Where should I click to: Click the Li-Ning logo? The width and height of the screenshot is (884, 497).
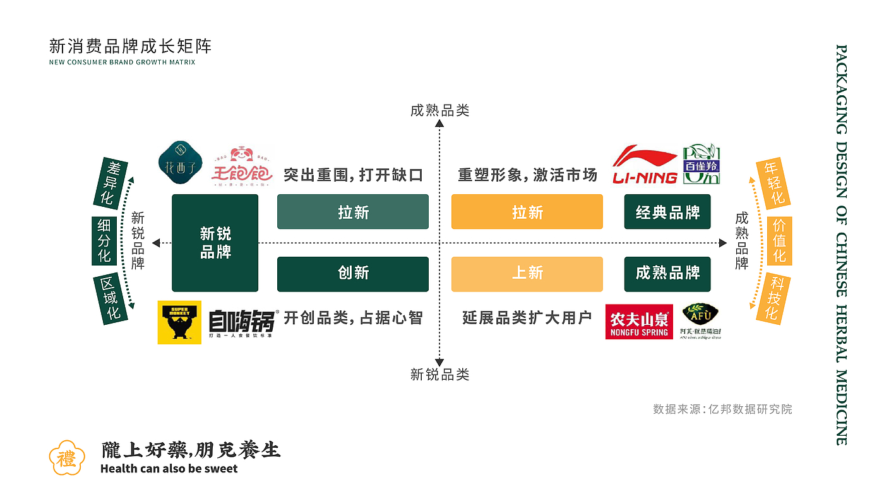(x=645, y=165)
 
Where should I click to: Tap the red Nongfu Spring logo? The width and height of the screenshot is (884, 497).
(x=639, y=322)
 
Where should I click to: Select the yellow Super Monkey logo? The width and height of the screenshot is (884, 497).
(x=179, y=322)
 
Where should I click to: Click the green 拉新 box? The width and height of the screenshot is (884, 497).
(x=353, y=212)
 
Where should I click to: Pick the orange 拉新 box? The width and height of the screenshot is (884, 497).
(x=527, y=212)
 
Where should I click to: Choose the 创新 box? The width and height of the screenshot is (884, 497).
(x=353, y=274)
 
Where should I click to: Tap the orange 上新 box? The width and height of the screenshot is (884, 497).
(x=527, y=274)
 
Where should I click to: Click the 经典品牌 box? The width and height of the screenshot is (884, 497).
(x=667, y=212)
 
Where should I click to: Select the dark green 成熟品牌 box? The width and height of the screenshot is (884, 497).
(x=667, y=274)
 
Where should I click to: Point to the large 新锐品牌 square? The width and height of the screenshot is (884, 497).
(x=215, y=243)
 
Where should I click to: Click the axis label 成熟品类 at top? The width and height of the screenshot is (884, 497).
(x=439, y=111)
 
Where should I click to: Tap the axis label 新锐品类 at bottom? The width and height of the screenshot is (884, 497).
(x=439, y=375)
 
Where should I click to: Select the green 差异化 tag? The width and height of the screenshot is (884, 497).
(x=111, y=183)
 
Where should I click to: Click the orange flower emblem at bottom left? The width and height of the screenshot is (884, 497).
(x=66, y=457)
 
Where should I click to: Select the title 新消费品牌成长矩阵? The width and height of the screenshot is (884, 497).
(x=131, y=46)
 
